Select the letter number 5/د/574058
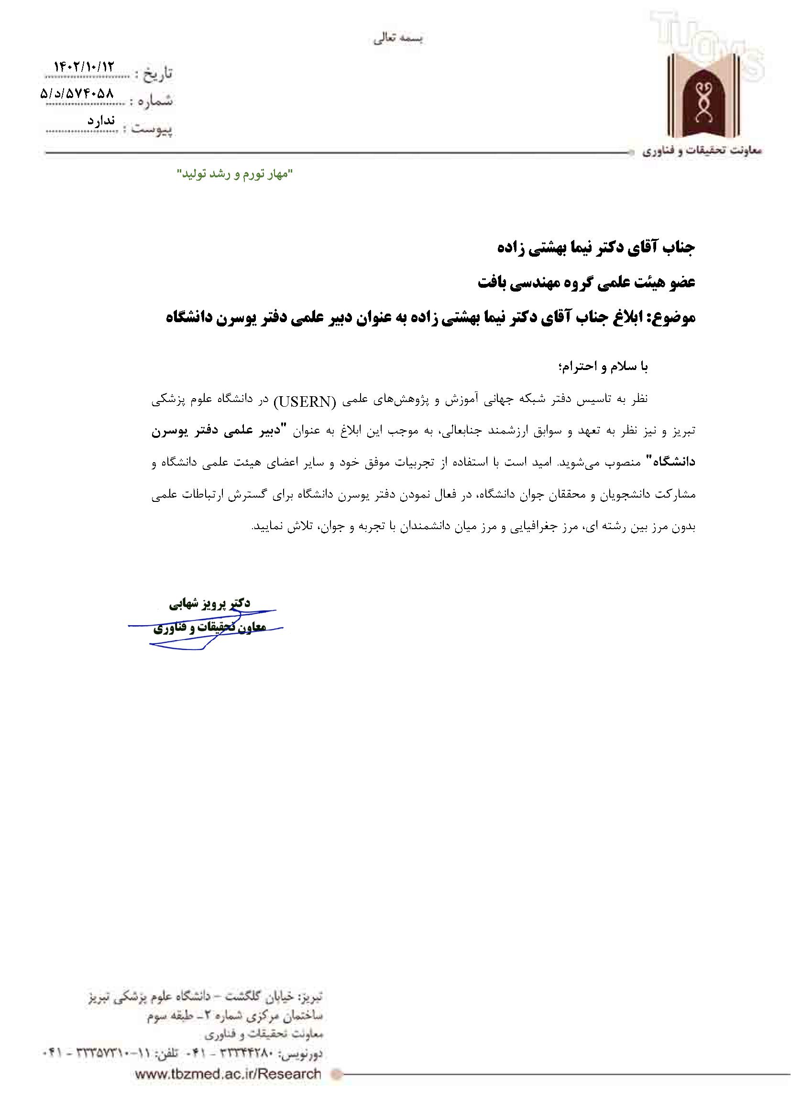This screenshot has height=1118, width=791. [77, 94]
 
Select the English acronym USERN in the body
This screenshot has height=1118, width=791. [306, 401]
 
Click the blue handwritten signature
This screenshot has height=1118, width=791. [205, 629]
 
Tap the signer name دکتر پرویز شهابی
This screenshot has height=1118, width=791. [210, 603]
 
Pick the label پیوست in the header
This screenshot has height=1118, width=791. [153, 130]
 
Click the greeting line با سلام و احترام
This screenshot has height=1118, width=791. [603, 367]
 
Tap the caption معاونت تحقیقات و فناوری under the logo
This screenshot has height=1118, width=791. [702, 152]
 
